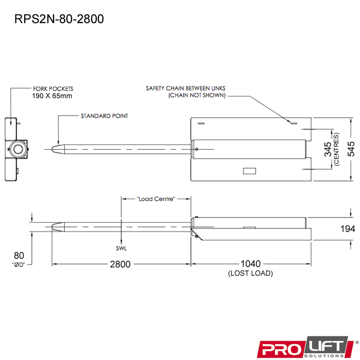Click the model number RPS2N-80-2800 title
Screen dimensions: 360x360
click(59, 19)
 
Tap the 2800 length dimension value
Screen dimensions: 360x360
click(120, 264)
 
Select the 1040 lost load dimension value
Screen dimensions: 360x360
click(250, 264)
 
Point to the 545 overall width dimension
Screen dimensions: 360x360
click(351, 149)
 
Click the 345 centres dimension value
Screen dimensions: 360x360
click(328, 149)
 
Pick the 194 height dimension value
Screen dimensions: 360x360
click(348, 229)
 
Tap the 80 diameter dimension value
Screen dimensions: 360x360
click(19, 256)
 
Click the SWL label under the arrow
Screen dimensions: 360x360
click(121, 248)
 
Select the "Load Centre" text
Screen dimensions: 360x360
click(156, 199)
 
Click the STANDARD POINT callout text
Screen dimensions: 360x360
click(104, 116)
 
